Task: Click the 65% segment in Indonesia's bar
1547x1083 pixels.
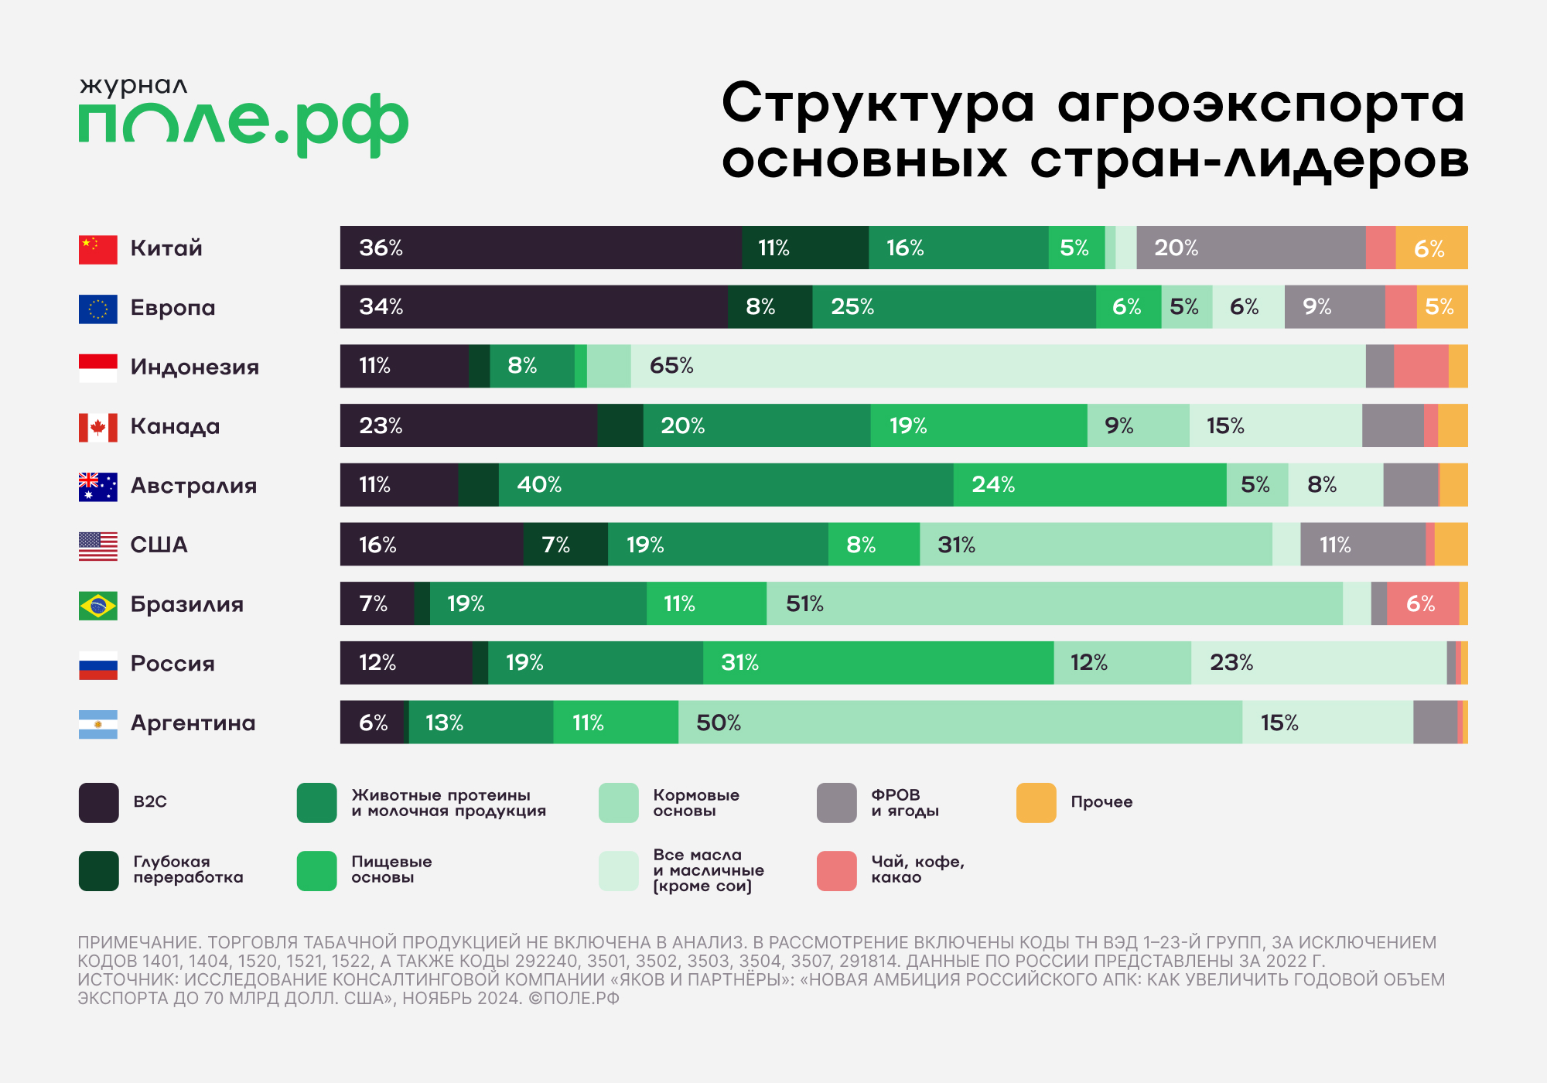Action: pos(998,366)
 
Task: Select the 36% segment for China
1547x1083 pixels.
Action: pos(541,248)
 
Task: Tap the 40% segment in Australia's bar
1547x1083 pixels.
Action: pos(726,485)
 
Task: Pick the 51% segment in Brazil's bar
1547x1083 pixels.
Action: pos(1054,603)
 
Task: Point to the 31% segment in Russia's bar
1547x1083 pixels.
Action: pos(878,663)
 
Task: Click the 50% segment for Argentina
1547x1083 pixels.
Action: pos(960,723)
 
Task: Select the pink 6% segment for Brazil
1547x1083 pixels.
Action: pos(1422,603)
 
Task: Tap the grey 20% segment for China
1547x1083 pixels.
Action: pos(1251,248)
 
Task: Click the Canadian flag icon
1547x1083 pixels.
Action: pos(98,427)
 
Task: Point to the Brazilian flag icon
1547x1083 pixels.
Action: pos(98,605)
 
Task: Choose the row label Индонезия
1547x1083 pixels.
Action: pos(194,367)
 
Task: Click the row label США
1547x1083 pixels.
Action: pos(159,545)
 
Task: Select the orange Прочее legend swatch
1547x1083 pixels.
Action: pos(1036,802)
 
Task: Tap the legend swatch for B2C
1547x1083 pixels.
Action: pos(99,802)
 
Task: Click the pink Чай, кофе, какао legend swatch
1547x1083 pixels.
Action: pos(836,870)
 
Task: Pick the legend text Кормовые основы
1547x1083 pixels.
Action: pos(695,802)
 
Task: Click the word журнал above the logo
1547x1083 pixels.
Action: pos(133,86)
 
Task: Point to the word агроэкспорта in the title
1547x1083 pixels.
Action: pos(1260,104)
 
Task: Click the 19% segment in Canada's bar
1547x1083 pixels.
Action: pos(978,425)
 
